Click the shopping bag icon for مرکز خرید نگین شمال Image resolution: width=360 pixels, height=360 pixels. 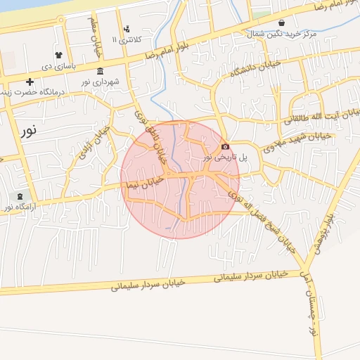[x=282, y=22]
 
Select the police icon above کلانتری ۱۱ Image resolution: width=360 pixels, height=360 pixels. [x=127, y=29]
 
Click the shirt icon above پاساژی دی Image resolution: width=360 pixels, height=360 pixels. [x=58, y=55]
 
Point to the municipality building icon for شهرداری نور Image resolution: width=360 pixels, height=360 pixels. [x=101, y=72]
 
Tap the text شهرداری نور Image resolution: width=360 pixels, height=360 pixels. [x=100, y=82]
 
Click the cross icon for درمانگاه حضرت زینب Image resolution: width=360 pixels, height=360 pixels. [x=30, y=82]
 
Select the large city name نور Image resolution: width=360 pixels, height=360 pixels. [x=29, y=131]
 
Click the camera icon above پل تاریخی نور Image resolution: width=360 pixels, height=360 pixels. [x=225, y=146]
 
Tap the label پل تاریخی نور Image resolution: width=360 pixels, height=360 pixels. [x=225, y=157]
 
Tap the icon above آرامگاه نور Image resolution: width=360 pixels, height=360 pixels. [x=19, y=196]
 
